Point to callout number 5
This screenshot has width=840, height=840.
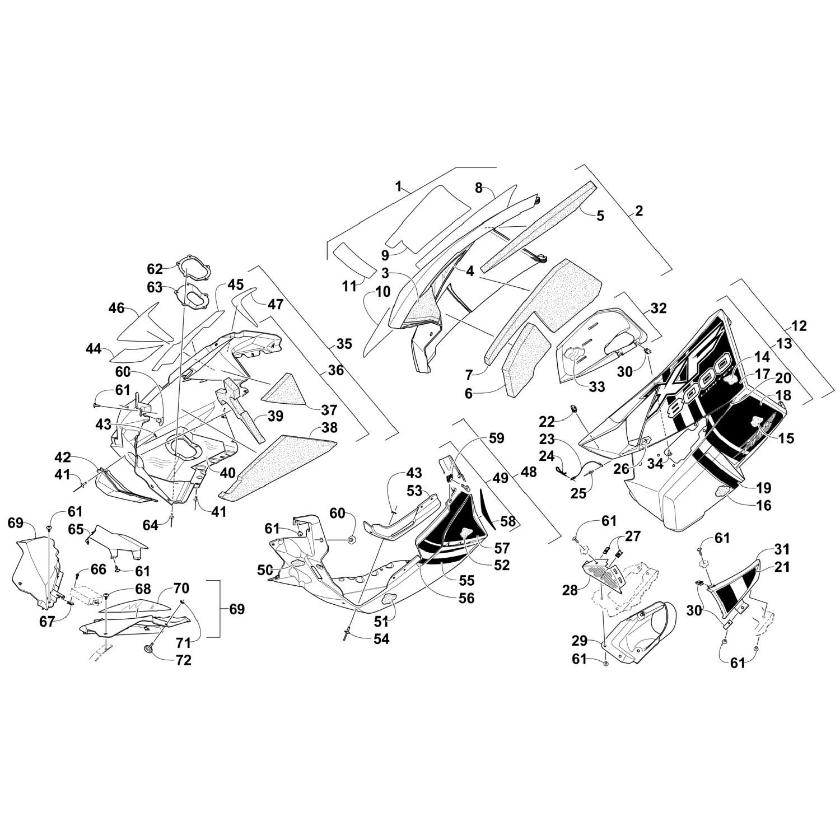[600, 215]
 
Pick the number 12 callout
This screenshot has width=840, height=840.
[799, 325]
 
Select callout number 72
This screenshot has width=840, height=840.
[183, 660]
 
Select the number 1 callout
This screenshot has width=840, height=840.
[399, 186]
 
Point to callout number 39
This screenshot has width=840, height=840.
[275, 416]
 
